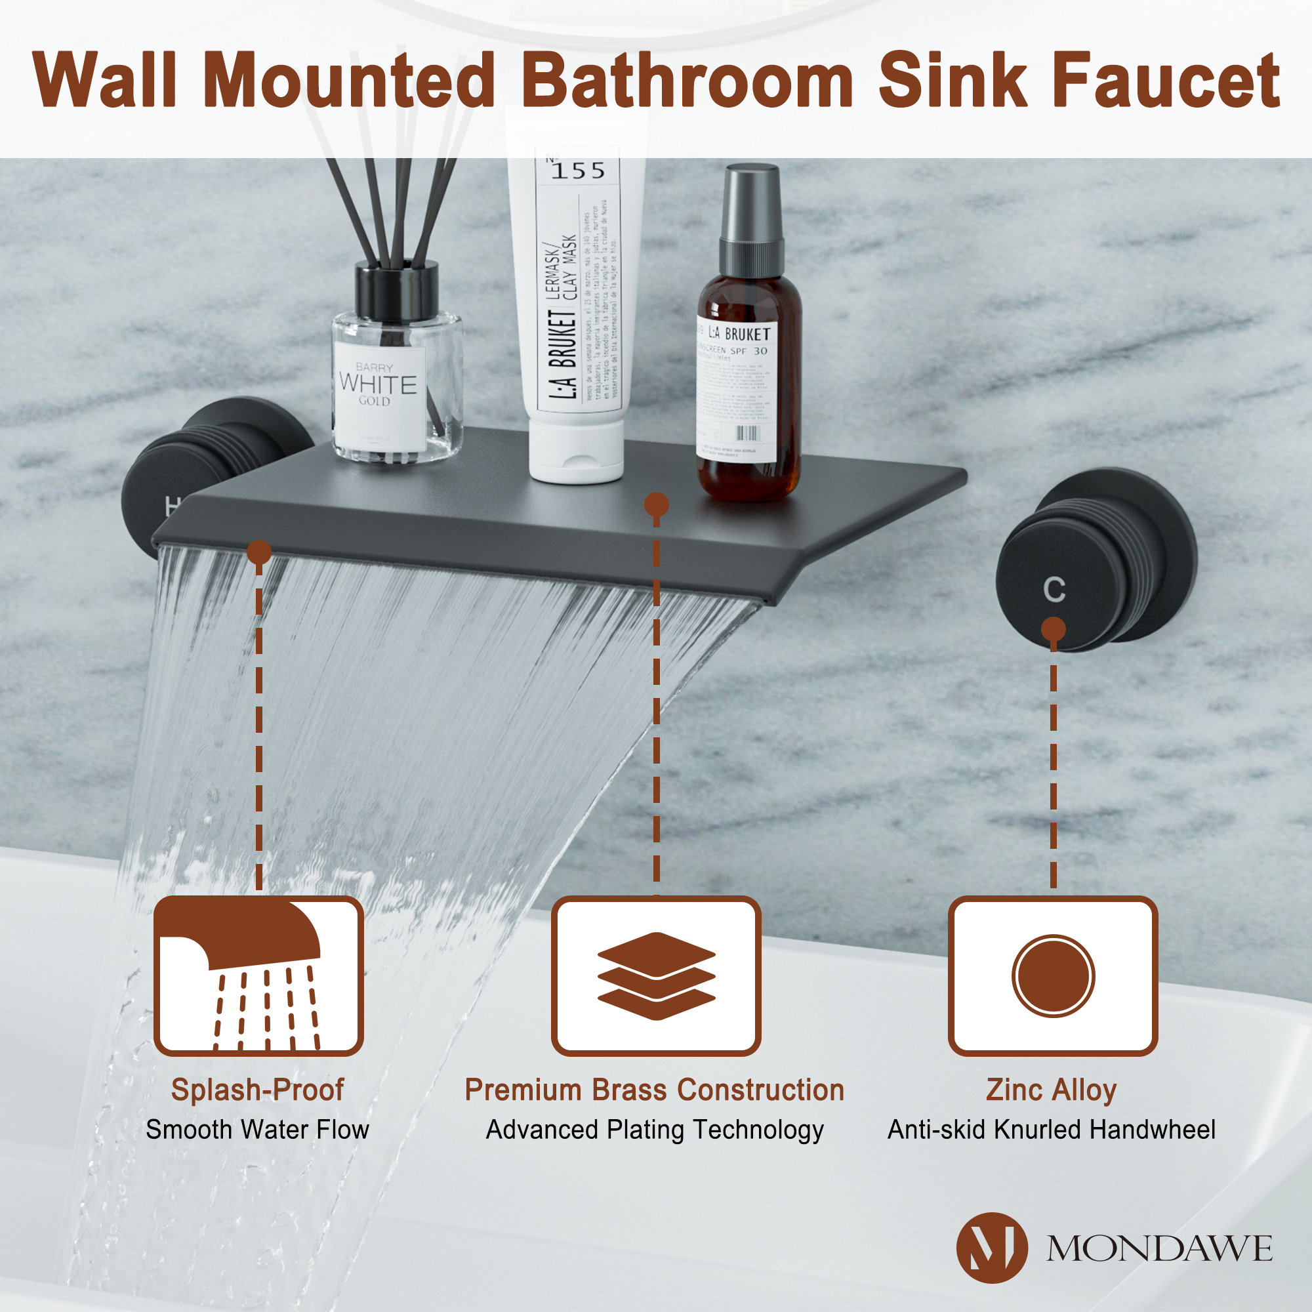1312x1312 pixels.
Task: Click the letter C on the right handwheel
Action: tap(1054, 590)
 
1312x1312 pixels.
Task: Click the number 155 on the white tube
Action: tap(578, 171)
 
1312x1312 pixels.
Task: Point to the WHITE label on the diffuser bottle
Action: tap(378, 384)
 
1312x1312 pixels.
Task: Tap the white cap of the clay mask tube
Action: tap(576, 451)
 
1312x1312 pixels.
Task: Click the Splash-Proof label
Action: tap(257, 1090)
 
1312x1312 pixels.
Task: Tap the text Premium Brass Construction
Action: tap(655, 1090)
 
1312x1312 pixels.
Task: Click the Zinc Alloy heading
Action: tap(1051, 1090)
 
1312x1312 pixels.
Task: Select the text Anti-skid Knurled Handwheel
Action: tap(1051, 1130)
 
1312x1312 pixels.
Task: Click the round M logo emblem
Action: tap(991, 1248)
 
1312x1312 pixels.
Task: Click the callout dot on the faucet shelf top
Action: tap(656, 504)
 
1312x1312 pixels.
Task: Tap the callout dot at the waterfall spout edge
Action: tap(258, 552)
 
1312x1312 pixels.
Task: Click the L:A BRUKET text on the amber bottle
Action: tap(739, 334)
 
